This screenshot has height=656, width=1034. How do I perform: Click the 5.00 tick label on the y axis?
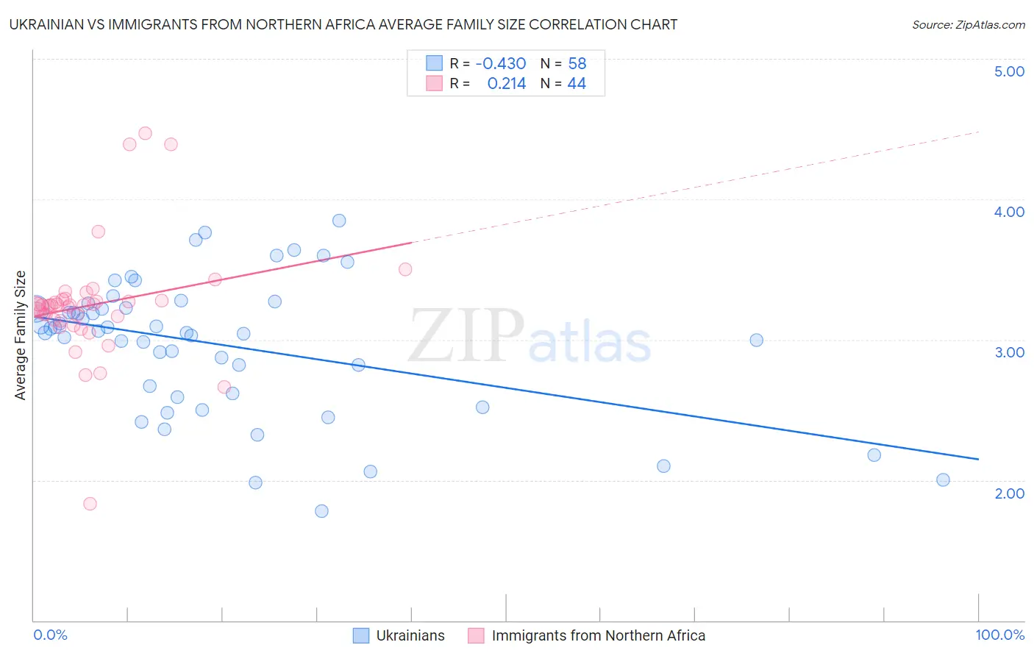tap(1009, 71)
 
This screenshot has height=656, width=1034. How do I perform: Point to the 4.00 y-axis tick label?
tap(1009, 212)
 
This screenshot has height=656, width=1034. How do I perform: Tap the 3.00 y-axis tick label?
tap(1009, 352)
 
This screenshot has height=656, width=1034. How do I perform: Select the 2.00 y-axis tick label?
tap(1009, 493)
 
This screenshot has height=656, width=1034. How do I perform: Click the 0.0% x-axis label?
tap(50, 635)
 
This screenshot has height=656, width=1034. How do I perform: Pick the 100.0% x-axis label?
tap(999, 635)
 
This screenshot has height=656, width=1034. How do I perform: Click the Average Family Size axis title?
tap(21, 335)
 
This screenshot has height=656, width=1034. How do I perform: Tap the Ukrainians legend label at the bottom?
tap(410, 636)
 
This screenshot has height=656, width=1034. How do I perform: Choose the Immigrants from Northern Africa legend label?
tap(598, 636)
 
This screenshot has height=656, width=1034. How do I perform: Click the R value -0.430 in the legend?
tap(500, 64)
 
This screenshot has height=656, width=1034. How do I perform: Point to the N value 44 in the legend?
tap(577, 84)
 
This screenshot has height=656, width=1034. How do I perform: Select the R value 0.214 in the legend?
tap(507, 84)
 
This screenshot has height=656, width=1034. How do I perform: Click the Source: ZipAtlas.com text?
tap(968, 25)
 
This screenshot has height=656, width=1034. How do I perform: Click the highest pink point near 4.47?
tap(145, 133)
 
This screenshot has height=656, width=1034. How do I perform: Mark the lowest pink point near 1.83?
tap(90, 504)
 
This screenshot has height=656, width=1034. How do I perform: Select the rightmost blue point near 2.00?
tap(943, 480)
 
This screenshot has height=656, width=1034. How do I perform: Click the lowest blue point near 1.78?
tap(321, 511)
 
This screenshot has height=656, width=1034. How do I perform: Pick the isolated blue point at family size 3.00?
tap(756, 340)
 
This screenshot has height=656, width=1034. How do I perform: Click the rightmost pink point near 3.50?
tap(405, 269)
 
